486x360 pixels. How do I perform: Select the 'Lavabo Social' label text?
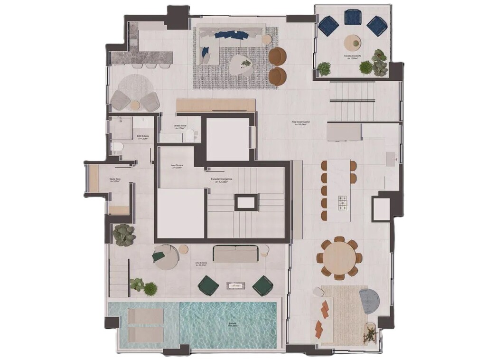tap(180, 127)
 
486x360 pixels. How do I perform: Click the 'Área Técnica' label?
tap(177, 166)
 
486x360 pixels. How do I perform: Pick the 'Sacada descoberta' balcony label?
tap(353, 56)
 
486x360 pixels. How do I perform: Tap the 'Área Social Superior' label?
tap(300, 123)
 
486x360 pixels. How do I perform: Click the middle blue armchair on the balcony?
tap(353, 18)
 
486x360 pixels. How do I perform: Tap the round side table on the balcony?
tap(353, 42)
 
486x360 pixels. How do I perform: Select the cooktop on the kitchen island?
tap(342, 203)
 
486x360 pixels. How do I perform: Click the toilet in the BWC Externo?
tap(117, 146)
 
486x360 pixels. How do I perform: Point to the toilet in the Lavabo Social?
tap(189, 137)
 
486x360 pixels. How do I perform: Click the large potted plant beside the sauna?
tap(124, 235)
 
